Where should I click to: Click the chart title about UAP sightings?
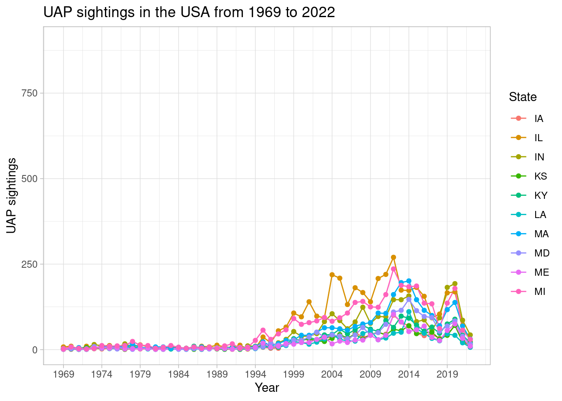coord(189,13)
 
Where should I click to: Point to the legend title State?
coord(523,97)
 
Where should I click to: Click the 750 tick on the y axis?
coord(29,93)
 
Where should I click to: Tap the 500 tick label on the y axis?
coord(29,179)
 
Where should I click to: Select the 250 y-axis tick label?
coord(29,264)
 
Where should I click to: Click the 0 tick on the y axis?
coord(35,350)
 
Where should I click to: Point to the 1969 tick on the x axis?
coord(64,374)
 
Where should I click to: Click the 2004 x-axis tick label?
coord(332,374)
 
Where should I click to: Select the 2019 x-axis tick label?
coord(447,374)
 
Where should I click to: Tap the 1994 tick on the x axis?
coord(255,374)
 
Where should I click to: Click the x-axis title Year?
coord(267,388)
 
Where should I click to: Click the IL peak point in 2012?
coord(393,257)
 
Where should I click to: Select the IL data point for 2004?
coord(332,275)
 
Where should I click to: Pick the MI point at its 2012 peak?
coord(393,269)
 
